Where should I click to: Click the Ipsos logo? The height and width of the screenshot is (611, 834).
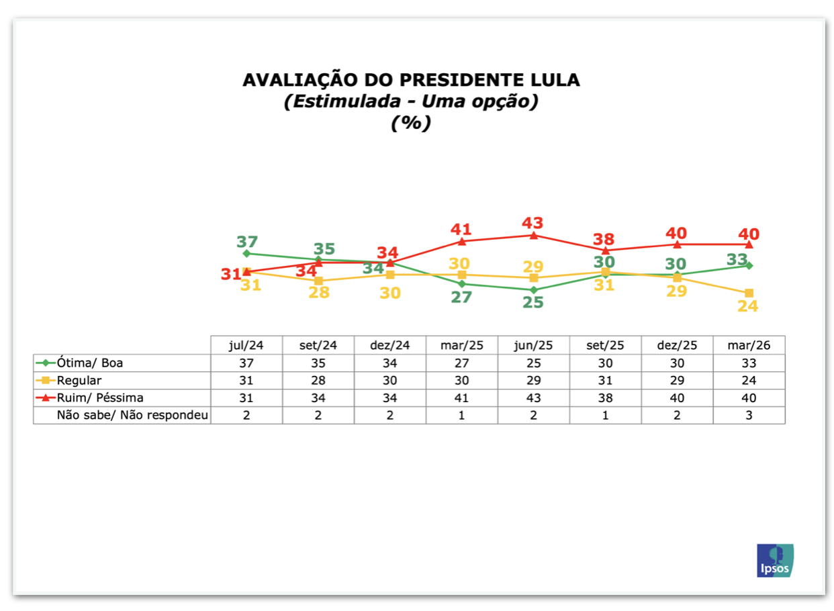(775, 560)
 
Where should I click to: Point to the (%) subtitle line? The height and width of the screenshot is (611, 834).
(411, 123)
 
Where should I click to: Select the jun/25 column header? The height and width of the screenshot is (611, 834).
(533, 345)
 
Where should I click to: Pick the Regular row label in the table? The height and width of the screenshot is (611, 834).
(79, 380)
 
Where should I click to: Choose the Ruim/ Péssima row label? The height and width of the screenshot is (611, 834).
(100, 397)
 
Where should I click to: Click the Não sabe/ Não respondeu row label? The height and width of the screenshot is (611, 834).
(132, 415)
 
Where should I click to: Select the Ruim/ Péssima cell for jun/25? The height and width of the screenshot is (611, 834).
(533, 397)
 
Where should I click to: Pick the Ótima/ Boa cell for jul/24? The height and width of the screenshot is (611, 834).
(246, 363)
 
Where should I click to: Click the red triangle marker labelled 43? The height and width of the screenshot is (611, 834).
(534, 236)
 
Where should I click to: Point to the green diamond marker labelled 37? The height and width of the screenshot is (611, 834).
(246, 254)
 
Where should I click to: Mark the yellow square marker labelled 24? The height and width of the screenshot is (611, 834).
(749, 293)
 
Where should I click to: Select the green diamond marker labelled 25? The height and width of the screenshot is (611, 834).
(534, 290)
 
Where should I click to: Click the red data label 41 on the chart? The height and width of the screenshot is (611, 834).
(461, 230)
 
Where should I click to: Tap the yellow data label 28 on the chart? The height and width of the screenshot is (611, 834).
(319, 292)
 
